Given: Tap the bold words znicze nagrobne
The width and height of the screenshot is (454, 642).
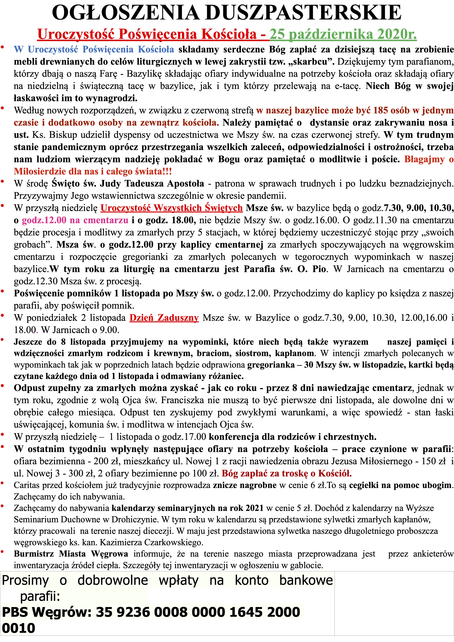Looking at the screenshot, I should click(245, 485).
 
